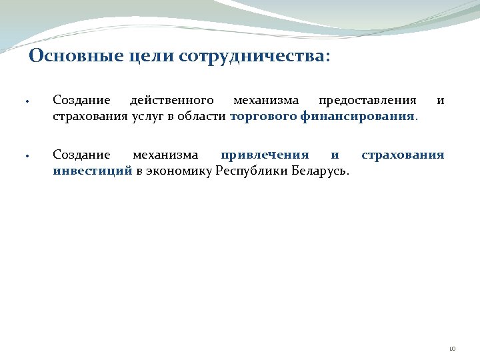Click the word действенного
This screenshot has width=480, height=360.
[172, 101]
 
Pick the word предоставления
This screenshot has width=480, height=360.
[367, 101]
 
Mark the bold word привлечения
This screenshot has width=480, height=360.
[265, 155]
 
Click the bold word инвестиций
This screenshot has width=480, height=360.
[92, 171]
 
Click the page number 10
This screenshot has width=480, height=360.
[452, 348]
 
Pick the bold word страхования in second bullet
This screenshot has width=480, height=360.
[403, 155]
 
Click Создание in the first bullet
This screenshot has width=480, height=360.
[81, 101]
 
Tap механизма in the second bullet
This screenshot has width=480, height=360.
[165, 155]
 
